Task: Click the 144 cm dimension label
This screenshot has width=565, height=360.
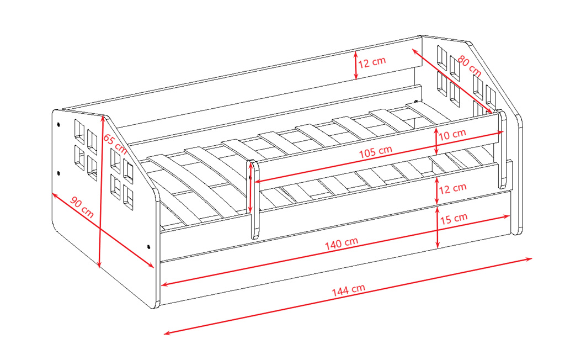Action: coord(349,290)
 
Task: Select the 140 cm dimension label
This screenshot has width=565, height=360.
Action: coord(341,243)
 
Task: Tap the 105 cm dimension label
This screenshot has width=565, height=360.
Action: coord(375,151)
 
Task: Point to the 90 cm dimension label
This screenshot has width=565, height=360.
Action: coord(82,207)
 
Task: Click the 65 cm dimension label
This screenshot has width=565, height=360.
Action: coord(115,144)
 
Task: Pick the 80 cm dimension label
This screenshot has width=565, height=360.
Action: coord(469,65)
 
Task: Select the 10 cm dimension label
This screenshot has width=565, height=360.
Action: coord(452,135)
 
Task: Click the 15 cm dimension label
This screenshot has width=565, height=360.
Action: coord(454,218)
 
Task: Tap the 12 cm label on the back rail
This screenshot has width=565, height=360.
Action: coord(372,62)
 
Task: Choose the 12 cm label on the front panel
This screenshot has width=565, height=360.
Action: coord(452,188)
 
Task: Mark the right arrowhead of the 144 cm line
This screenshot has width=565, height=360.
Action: coord(529,258)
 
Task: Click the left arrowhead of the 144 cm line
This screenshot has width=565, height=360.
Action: coord(167,333)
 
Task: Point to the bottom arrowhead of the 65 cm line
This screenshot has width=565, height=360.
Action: coord(100,265)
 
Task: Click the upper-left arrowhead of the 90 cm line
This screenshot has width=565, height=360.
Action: coord(55,195)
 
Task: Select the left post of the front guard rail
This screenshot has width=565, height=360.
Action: coord(254,199)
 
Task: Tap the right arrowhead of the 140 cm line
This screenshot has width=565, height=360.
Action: coord(507,216)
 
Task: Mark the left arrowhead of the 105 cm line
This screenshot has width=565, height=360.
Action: coord(258,182)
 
